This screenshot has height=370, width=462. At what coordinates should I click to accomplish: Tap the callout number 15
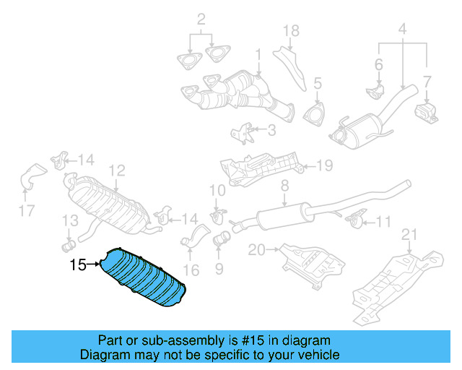(x=78, y=265)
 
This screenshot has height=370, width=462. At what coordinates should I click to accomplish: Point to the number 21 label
(x=410, y=233)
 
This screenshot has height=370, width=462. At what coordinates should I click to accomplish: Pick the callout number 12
(x=116, y=171)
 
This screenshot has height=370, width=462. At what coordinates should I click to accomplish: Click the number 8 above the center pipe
(x=284, y=186)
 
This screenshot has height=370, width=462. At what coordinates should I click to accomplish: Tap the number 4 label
(x=402, y=30)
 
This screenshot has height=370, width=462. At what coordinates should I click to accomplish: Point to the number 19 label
(x=324, y=166)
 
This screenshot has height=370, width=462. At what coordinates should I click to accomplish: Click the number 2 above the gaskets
(x=201, y=18)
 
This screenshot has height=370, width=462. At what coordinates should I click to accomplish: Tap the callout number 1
(x=258, y=54)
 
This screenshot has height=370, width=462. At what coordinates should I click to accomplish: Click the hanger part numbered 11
(x=355, y=218)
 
